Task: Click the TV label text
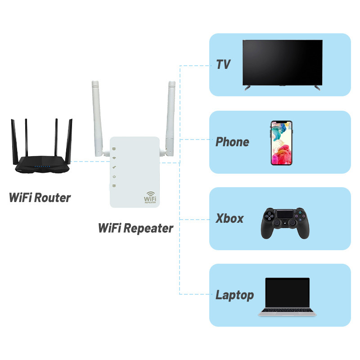[223, 64]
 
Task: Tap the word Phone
[232, 142]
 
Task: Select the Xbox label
[229, 219]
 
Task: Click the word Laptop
[234, 296]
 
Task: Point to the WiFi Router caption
[40, 198]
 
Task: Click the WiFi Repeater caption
[135, 228]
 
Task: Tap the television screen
[283, 62]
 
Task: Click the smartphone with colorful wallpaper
[281, 143]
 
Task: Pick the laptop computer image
[287, 297]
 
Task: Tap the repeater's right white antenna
[171, 117]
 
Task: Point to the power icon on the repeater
[115, 176]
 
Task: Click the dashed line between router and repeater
[90, 161]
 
